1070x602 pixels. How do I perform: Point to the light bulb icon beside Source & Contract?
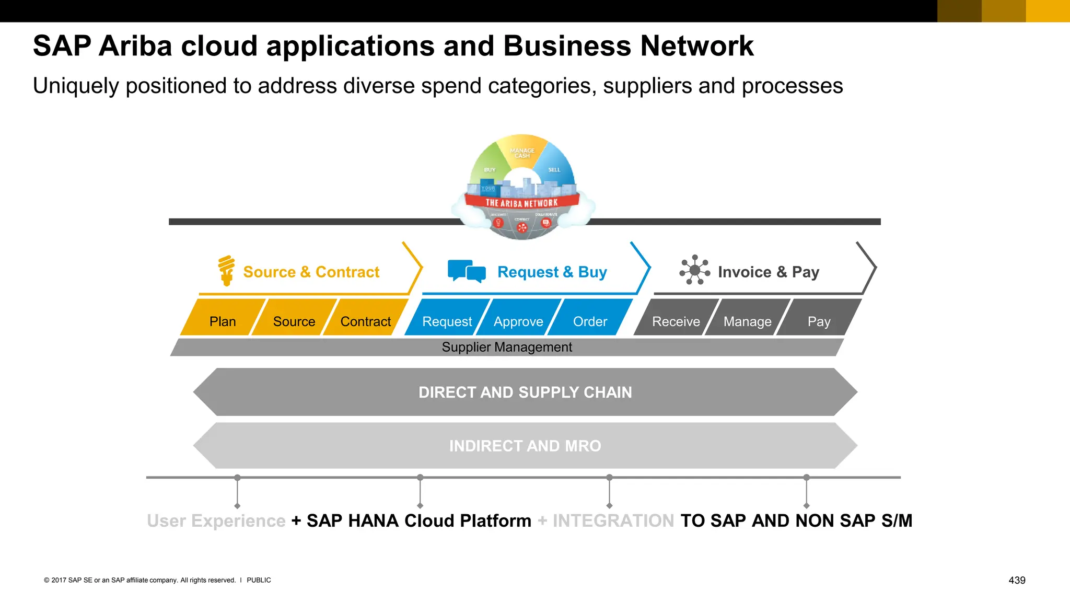(x=226, y=270)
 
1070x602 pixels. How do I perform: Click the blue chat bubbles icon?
(x=467, y=271)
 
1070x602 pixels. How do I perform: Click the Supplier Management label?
(x=507, y=347)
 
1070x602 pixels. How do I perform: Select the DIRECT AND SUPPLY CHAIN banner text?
(x=525, y=392)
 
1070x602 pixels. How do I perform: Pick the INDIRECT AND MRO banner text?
(x=525, y=446)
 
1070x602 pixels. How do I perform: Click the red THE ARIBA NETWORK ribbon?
(x=521, y=202)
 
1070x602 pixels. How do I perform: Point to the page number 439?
(x=1017, y=580)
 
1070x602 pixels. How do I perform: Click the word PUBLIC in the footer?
(x=259, y=580)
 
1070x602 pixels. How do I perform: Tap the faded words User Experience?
(x=216, y=520)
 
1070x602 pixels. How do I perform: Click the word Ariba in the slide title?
(x=135, y=46)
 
